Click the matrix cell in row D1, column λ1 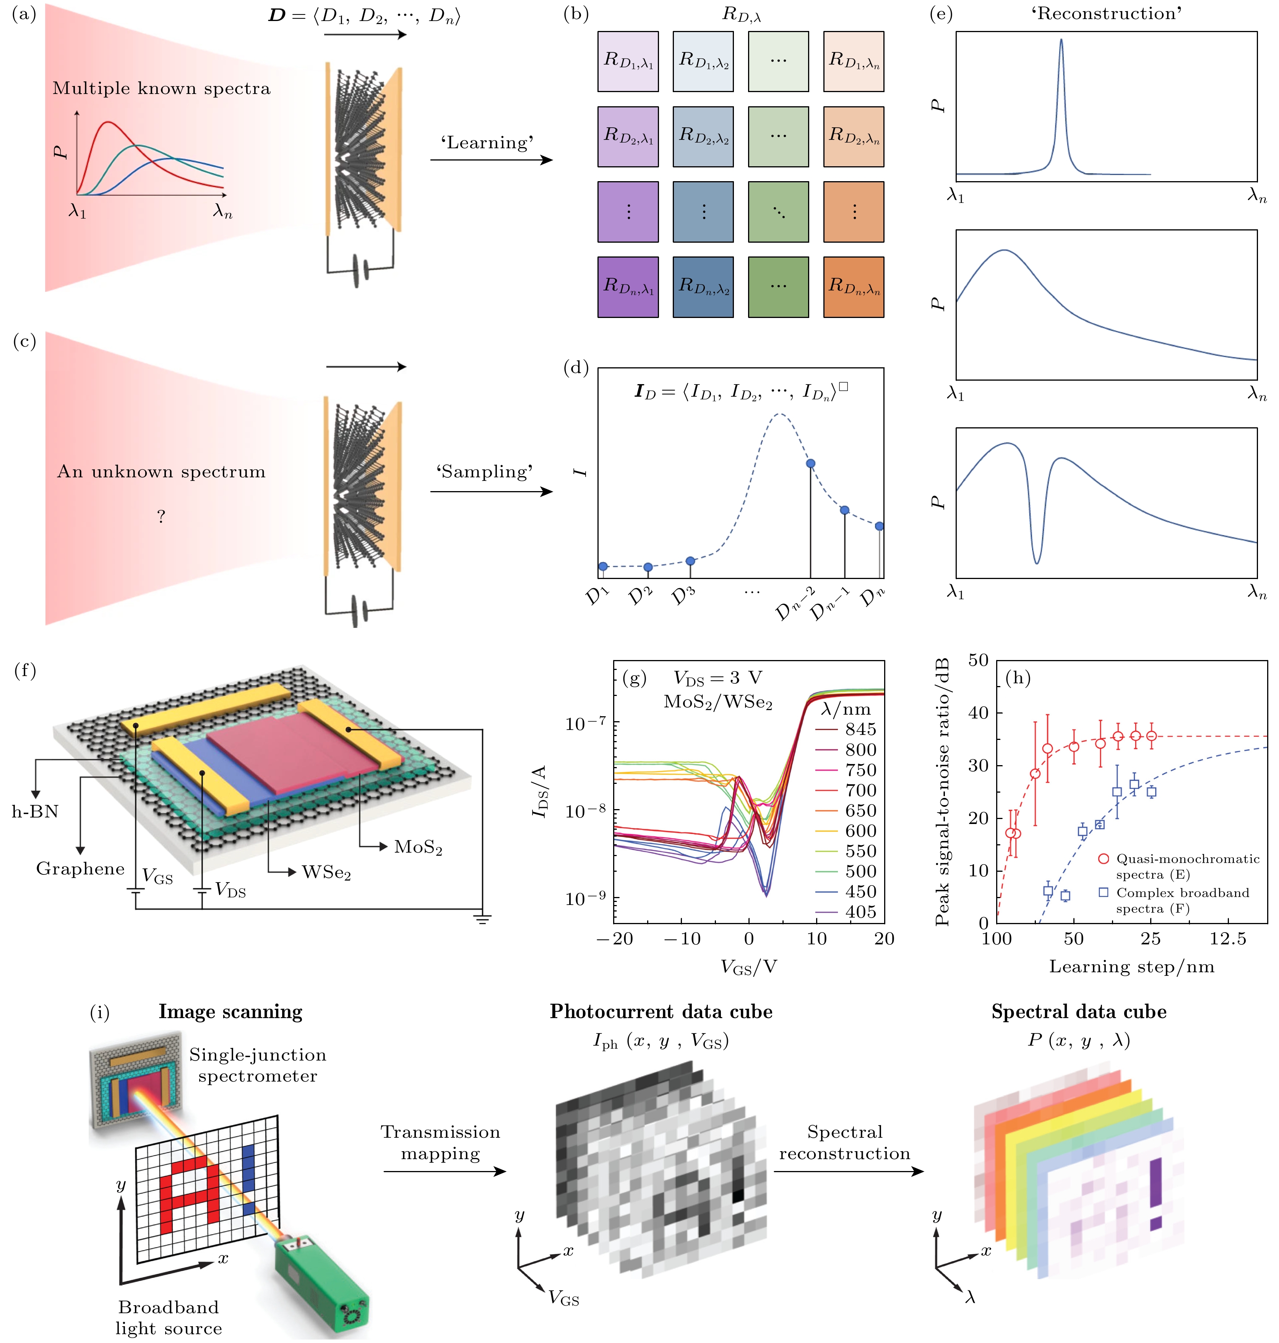(x=628, y=62)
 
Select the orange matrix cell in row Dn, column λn (x=854, y=287)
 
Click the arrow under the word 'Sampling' (x=491, y=491)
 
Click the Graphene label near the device (x=80, y=869)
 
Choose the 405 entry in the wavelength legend (x=860, y=912)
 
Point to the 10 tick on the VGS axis (x=816, y=939)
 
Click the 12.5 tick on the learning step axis (x=1227, y=939)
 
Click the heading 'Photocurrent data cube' (x=661, y=1012)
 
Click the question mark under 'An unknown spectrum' (x=161, y=516)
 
